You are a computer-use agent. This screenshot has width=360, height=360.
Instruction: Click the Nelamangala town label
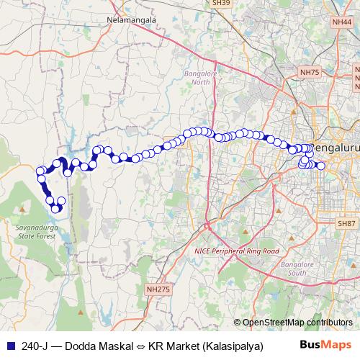pyautogui.click(x=131, y=20)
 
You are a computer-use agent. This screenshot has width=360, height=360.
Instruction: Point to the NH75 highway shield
pyautogui.click(x=310, y=72)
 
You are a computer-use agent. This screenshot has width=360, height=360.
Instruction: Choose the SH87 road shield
pyautogui.click(x=347, y=225)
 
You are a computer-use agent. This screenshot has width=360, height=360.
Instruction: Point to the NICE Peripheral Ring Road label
pyautogui.click(x=236, y=251)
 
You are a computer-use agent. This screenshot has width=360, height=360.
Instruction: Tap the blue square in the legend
pyautogui.click(x=8, y=346)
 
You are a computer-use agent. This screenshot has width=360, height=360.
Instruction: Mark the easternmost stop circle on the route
pyautogui.click(x=321, y=166)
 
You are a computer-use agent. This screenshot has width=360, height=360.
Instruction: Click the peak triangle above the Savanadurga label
pyautogui.click(x=22, y=209)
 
